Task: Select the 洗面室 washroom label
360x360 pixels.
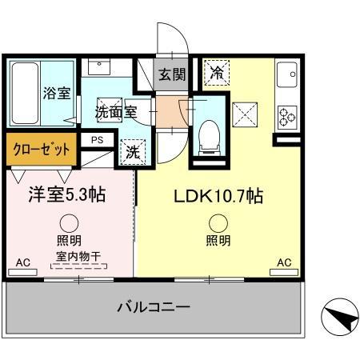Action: click(115, 111)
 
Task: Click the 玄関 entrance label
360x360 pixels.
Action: click(171, 75)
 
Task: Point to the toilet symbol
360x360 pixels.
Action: click(209, 133)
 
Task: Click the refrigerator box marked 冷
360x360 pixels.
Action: click(217, 73)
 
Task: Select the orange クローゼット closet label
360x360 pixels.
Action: click(42, 149)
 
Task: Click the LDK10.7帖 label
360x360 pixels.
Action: click(215, 195)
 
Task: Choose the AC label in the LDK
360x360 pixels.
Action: click(283, 262)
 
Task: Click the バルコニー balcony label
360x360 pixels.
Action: click(153, 307)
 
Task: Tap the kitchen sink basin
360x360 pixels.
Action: click(286, 78)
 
